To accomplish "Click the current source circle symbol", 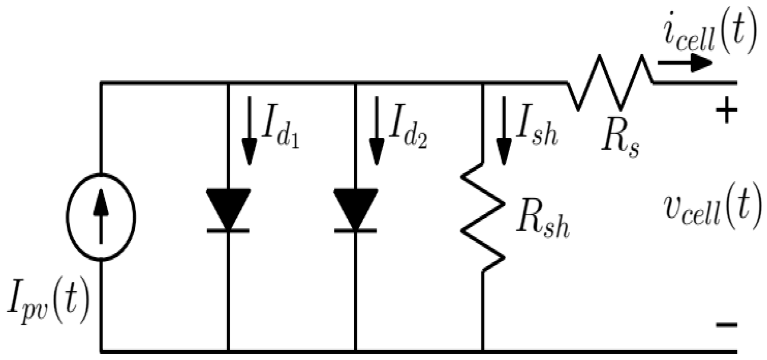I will click(x=101, y=216).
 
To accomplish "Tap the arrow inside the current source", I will click(x=101, y=216).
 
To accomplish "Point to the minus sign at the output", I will click(x=727, y=324).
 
